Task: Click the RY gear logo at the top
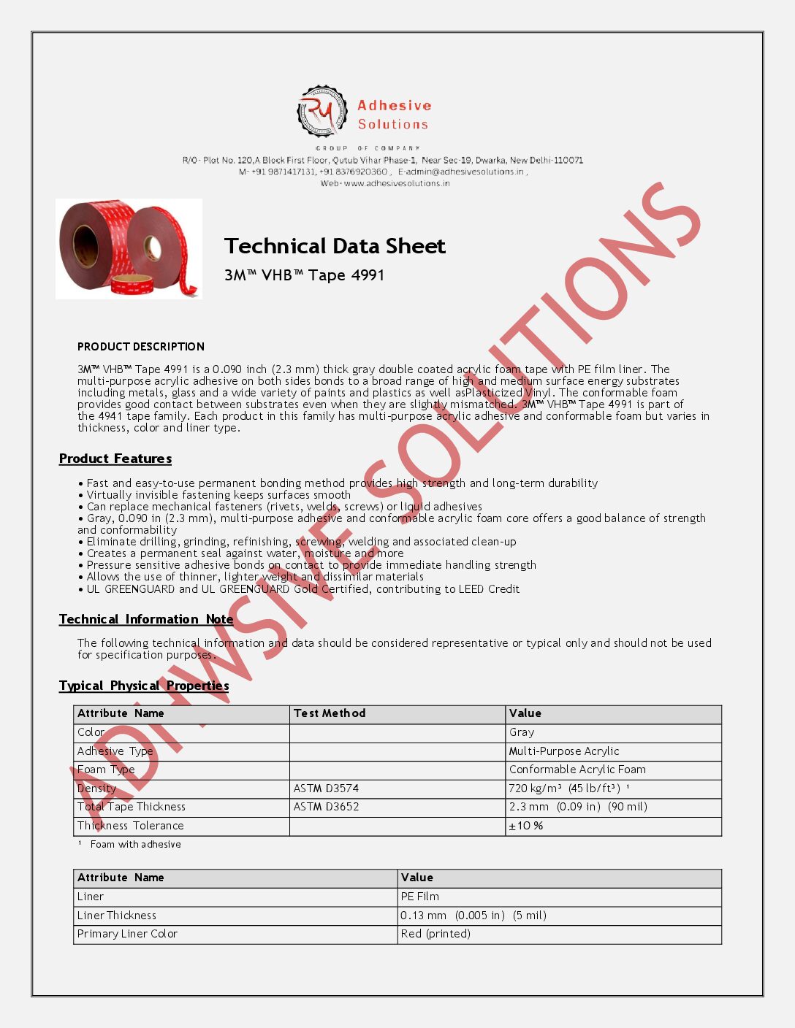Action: click(322, 112)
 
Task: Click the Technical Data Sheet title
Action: click(335, 246)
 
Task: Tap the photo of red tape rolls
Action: click(129, 249)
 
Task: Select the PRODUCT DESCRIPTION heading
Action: click(141, 347)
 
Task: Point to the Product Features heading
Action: click(115, 459)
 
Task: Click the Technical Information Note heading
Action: click(146, 619)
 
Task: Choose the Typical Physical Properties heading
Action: click(144, 686)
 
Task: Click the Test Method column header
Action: click(330, 713)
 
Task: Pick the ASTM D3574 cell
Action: click(326, 789)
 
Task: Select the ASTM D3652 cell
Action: click(326, 807)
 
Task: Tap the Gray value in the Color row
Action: click(522, 732)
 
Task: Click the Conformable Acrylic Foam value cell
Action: click(577, 770)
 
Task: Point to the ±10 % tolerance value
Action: click(526, 826)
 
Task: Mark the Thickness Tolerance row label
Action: click(131, 826)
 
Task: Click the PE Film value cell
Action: click(419, 897)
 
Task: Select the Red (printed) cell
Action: click(435, 934)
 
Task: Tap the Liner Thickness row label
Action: click(117, 916)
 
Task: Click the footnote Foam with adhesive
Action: click(135, 844)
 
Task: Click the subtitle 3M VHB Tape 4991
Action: click(304, 275)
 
